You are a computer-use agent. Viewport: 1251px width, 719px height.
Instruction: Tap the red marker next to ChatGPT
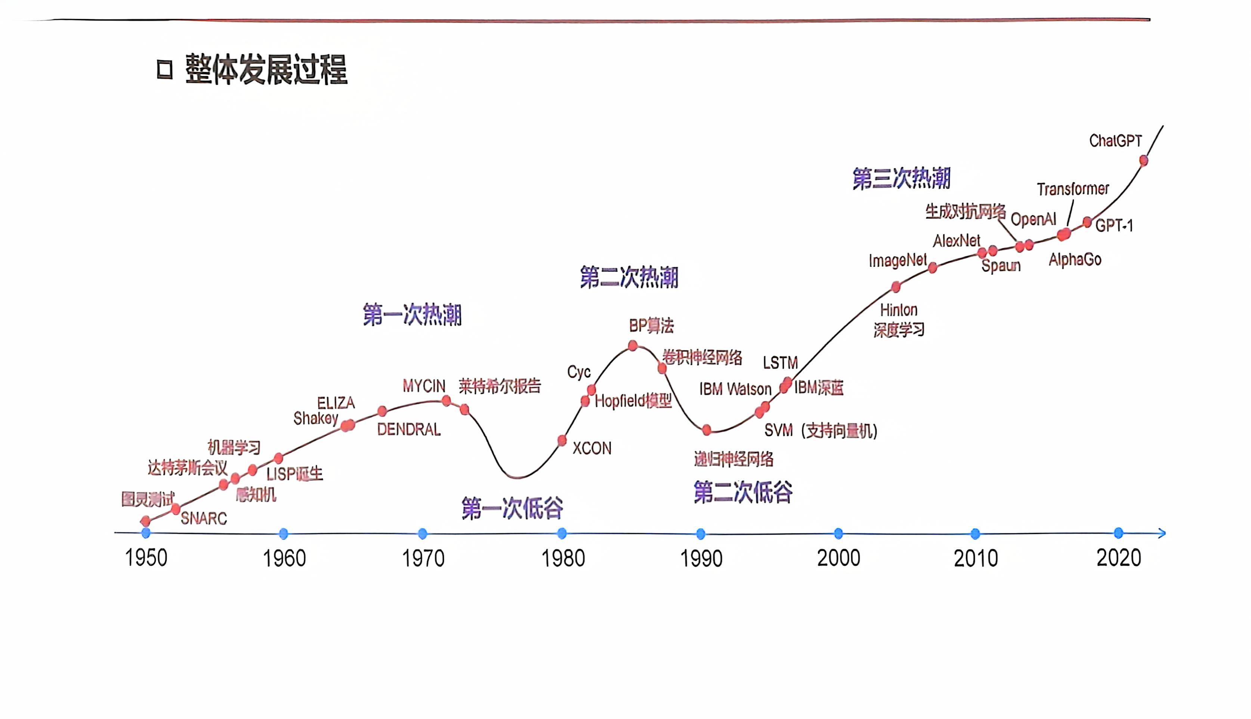tap(1143, 160)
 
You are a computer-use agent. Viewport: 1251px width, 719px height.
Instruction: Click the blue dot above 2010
tap(975, 533)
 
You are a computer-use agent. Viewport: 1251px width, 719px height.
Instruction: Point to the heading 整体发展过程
tap(266, 69)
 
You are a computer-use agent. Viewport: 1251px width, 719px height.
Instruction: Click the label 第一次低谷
tap(512, 508)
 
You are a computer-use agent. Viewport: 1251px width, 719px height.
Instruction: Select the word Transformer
tap(1072, 189)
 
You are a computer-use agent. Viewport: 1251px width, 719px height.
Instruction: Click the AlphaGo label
tap(1074, 259)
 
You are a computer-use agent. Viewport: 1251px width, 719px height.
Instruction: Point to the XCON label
tap(591, 448)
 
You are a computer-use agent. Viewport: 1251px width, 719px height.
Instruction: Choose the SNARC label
tap(203, 519)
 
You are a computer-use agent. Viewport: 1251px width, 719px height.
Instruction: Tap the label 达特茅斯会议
tap(187, 467)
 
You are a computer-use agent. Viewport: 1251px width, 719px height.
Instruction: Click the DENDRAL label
tap(408, 430)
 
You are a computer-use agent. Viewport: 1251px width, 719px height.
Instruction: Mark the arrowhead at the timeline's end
tap(1162, 533)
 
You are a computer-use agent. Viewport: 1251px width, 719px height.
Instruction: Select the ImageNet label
tap(897, 260)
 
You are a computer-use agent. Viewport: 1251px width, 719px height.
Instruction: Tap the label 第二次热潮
tap(628, 277)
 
